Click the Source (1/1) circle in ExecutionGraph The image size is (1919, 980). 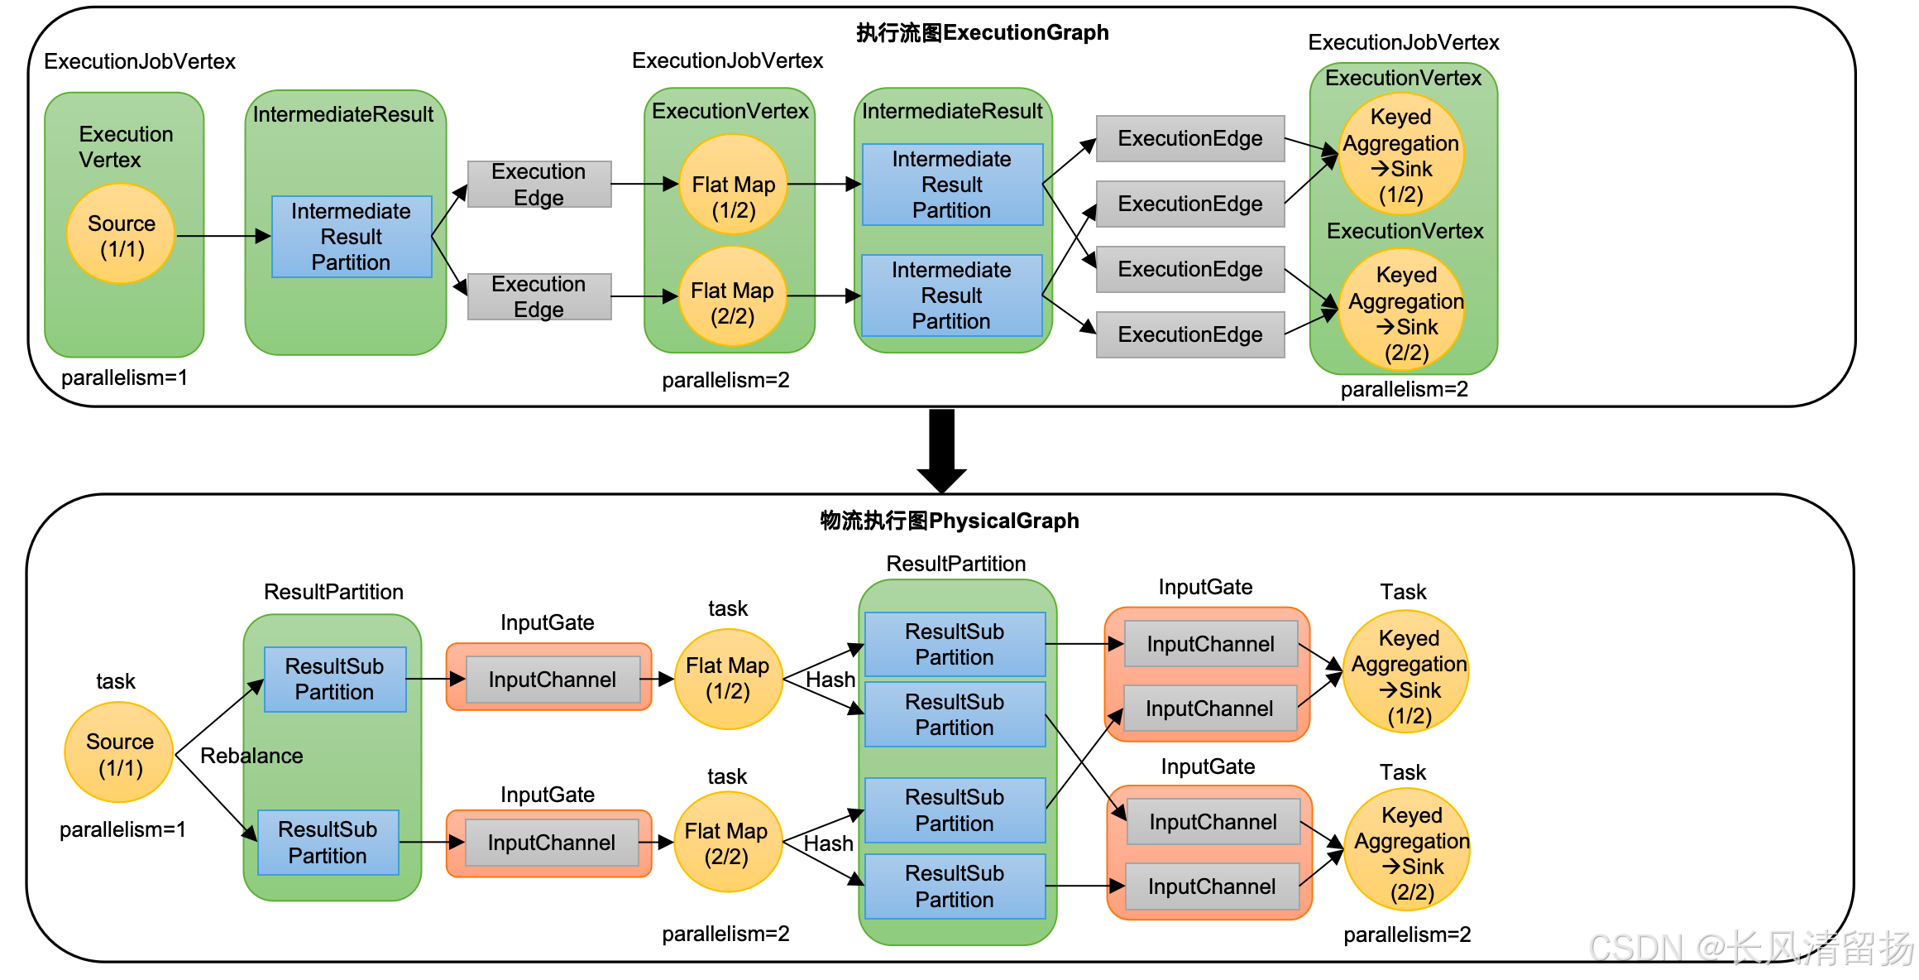tap(121, 235)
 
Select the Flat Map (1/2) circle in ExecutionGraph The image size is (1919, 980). tap(733, 185)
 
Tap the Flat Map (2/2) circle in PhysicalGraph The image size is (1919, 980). tap(727, 843)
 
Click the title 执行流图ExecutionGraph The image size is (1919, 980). tap(982, 33)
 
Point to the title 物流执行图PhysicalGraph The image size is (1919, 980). tap(949, 521)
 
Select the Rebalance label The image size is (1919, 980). tap(251, 756)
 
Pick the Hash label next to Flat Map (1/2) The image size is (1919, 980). tap(830, 680)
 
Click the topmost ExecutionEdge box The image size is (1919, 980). tap(1189, 138)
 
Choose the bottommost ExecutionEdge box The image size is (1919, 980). tap(1189, 334)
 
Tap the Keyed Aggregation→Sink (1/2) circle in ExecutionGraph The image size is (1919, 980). tap(1400, 155)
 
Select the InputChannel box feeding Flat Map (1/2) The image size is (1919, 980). tap(552, 680)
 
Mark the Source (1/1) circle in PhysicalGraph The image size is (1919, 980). tap(119, 753)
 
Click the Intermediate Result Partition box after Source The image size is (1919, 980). tap(352, 237)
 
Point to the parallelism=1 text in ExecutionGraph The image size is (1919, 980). tap(124, 377)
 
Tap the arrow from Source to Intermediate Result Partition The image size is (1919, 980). tap(223, 237)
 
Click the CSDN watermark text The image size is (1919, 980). tap(1750, 949)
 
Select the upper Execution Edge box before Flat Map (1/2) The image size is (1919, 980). tap(538, 185)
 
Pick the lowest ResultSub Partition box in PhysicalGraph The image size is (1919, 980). tap(955, 886)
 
